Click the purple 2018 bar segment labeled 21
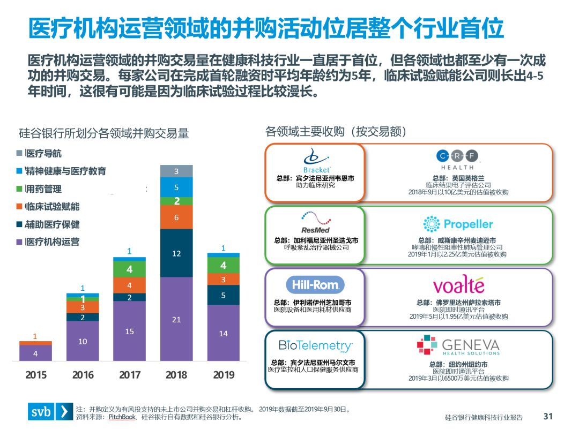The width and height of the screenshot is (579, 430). pos(176,319)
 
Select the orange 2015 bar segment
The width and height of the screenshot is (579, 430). pos(35,343)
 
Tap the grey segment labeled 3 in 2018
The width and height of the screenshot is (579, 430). pos(176,171)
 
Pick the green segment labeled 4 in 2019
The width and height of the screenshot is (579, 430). pos(223,265)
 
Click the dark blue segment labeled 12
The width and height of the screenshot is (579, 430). pos(176,253)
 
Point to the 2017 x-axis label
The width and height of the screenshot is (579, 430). pos(130,375)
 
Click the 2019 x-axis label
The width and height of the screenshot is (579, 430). pos(224,375)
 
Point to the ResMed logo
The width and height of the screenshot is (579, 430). pos(315,221)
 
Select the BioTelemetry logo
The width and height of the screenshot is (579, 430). pos(315,345)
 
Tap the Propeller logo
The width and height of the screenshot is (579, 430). pos(458,224)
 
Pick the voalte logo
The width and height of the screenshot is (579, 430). pos(458,285)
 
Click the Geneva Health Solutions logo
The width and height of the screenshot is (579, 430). pos(458,346)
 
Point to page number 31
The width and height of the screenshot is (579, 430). pos(547,416)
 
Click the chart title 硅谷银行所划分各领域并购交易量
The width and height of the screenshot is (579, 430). pos(104,133)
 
